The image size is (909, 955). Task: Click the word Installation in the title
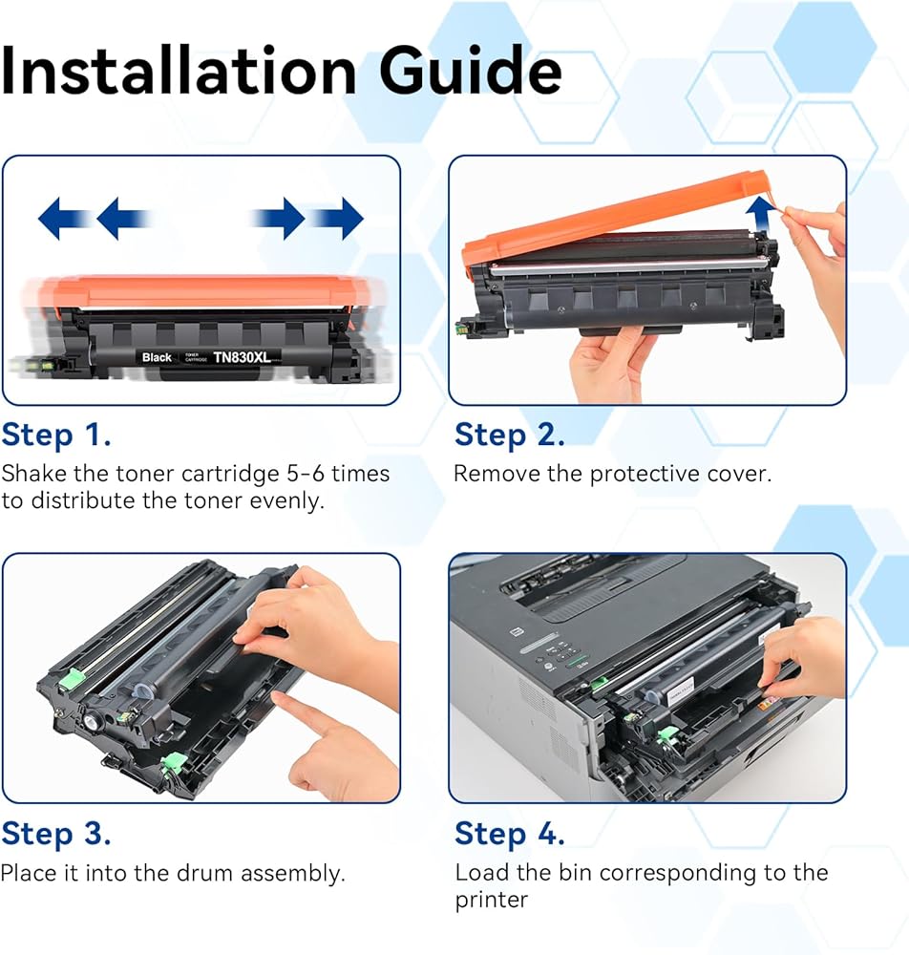179,72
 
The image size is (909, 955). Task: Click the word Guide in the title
470,72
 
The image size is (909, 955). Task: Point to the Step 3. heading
56,835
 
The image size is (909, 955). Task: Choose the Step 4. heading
510,835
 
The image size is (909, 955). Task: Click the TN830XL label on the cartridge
242,357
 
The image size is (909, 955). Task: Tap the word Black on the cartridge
157,357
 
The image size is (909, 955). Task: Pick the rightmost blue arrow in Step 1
339,218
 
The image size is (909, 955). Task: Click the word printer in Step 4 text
492,901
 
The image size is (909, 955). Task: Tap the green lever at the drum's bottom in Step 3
174,762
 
